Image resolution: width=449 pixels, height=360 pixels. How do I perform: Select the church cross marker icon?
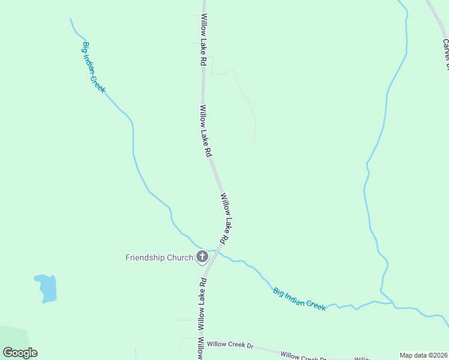pyautogui.click(x=202, y=257)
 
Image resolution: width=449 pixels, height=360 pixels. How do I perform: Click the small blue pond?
pyautogui.click(x=47, y=288)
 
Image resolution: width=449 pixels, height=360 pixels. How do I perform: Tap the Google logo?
pyautogui.click(x=20, y=353)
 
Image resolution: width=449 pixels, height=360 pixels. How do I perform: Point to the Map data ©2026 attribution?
pyautogui.click(x=423, y=355)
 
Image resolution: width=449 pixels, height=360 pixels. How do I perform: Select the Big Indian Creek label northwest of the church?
pyautogui.click(x=93, y=67)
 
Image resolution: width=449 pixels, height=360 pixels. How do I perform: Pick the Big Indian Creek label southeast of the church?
pyautogui.click(x=299, y=298)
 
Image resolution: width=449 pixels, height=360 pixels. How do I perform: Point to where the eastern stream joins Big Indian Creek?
pyautogui.click(x=394, y=304)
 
